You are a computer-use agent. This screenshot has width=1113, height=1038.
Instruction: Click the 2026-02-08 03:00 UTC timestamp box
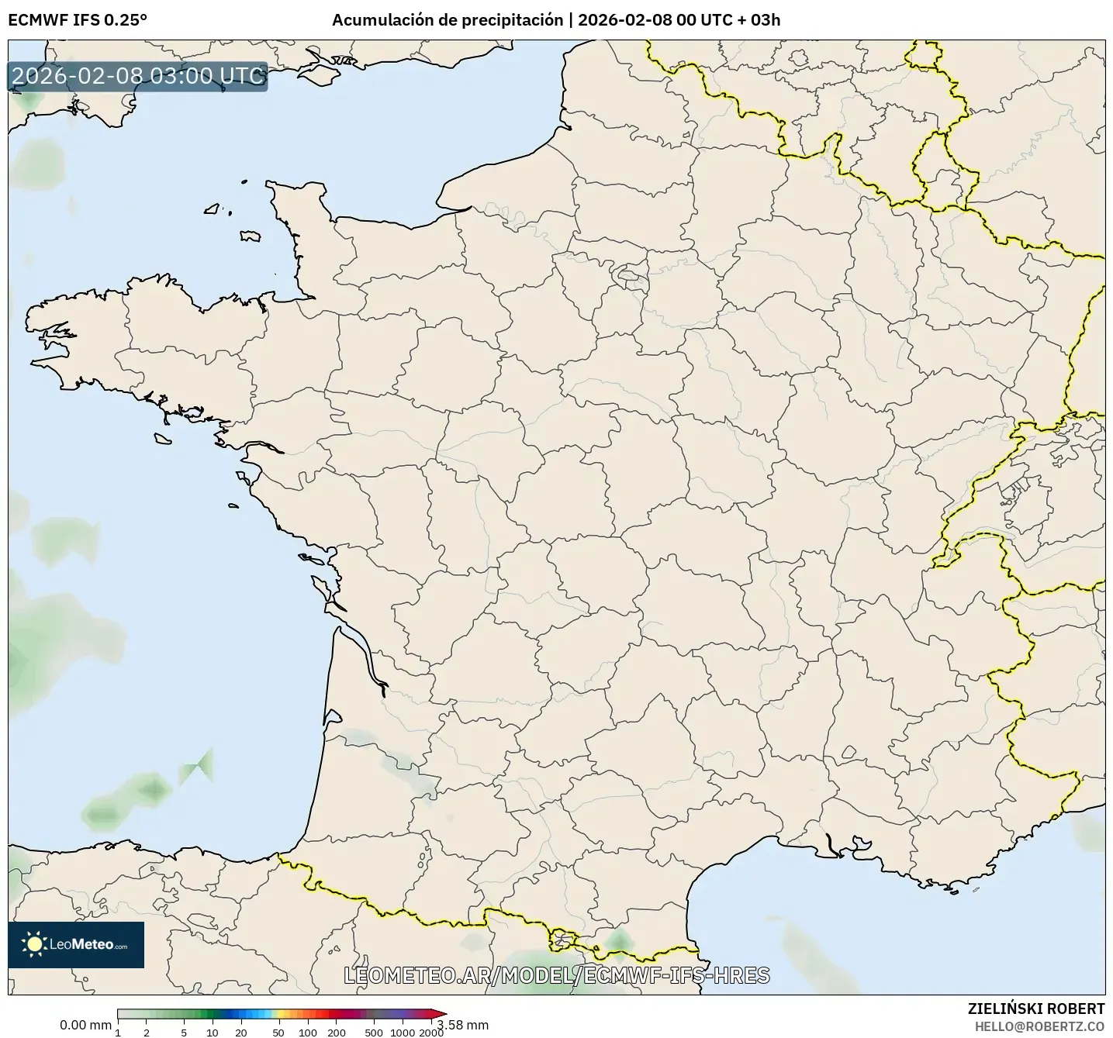point(138,76)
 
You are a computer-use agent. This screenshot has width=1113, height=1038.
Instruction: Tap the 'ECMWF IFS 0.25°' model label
point(77,20)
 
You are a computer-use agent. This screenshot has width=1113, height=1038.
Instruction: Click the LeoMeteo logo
point(76,944)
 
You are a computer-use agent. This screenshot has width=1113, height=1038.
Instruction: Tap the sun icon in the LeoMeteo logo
point(34,944)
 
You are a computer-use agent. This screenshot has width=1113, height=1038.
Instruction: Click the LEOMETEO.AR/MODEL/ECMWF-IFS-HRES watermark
point(556,975)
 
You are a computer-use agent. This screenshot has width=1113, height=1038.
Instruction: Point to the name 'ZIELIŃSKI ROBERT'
point(1036,1009)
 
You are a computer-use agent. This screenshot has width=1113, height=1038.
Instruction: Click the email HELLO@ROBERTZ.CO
point(1039,1026)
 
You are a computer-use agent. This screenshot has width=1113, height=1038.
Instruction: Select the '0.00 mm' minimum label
point(85,1026)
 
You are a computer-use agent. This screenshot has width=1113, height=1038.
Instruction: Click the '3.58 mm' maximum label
point(464,1026)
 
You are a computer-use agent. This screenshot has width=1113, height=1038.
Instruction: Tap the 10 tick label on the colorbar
point(213,1033)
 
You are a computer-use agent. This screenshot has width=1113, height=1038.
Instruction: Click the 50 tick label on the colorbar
point(278,1033)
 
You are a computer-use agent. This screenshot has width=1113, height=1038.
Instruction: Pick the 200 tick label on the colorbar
point(337,1033)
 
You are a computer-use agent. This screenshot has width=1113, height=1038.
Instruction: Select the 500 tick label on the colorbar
point(374,1033)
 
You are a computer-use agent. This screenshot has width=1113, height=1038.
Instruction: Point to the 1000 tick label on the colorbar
point(403,1033)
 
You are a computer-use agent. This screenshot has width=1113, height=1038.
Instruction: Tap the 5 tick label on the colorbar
point(184,1033)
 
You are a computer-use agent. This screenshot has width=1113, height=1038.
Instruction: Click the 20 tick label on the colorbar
point(241,1033)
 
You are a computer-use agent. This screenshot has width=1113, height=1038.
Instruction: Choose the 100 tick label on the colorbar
point(308,1033)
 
